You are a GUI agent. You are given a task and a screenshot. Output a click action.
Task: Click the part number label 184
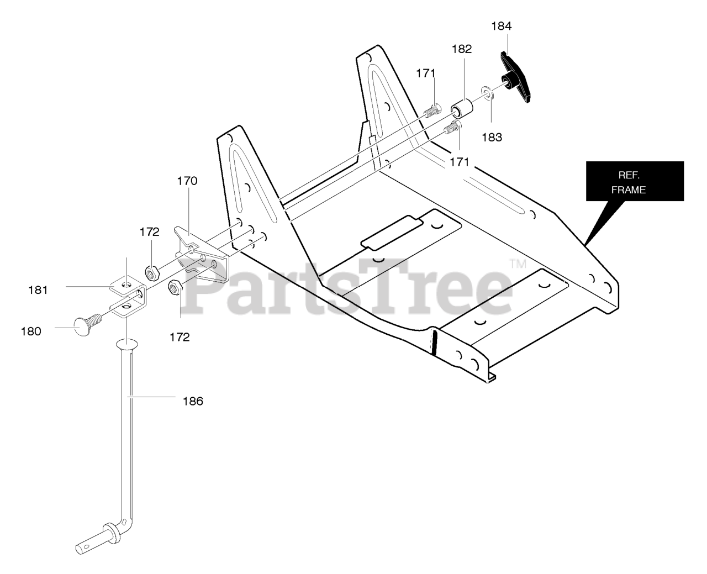[x=501, y=26]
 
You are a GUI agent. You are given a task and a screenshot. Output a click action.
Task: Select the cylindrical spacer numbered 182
[x=461, y=108]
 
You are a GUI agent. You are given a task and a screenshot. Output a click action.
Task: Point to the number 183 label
[x=492, y=137]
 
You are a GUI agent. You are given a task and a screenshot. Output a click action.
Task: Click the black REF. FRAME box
[x=635, y=181]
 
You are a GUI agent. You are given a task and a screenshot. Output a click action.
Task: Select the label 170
[x=187, y=181]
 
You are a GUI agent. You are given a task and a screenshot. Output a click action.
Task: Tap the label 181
[x=38, y=290]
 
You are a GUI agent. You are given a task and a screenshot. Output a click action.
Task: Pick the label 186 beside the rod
[x=193, y=401]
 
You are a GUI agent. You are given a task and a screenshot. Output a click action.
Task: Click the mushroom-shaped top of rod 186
[x=126, y=344]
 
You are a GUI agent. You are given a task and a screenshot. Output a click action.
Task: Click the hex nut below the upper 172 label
[x=152, y=273]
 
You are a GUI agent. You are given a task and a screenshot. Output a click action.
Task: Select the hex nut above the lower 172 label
[x=176, y=287]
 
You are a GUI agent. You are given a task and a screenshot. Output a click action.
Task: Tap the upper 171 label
[x=425, y=73]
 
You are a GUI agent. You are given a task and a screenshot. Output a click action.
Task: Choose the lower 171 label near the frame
[x=460, y=162]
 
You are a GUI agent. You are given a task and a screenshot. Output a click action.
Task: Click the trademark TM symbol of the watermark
[x=518, y=264]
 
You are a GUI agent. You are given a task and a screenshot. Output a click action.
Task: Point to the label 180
[x=31, y=331]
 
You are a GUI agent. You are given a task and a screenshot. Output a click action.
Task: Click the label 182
[x=462, y=49]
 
